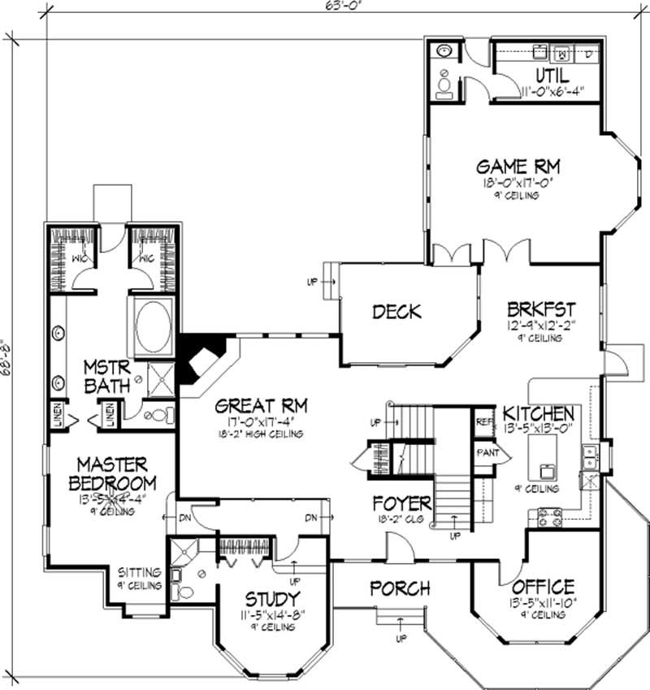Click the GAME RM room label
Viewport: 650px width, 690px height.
coord(518,167)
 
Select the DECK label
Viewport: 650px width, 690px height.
coord(396,311)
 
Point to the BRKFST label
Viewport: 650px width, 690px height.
coord(541,309)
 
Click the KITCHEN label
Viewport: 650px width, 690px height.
coord(538,413)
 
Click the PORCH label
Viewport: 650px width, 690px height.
coord(400,587)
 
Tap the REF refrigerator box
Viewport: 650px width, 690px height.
coord(483,422)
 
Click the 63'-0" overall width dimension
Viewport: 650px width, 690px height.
coord(328,8)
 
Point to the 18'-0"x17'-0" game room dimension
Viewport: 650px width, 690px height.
coord(518,184)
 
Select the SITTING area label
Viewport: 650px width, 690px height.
coord(139,572)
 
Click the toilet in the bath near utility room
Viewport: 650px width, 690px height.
coord(444,85)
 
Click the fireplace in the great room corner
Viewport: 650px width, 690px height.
coord(198,360)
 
